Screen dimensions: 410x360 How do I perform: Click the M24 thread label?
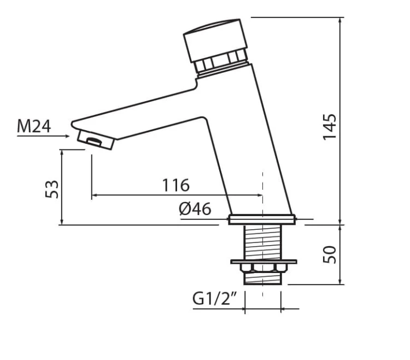[x=34, y=126]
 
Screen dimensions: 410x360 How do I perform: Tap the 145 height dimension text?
[x=329, y=127]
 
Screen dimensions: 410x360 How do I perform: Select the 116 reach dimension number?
[x=175, y=185]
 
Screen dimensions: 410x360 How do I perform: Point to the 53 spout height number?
[x=52, y=189]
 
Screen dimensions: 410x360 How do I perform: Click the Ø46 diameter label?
[x=195, y=209]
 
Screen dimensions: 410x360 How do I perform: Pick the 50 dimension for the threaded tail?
[x=329, y=254]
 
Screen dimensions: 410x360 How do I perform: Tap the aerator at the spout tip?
[x=96, y=140]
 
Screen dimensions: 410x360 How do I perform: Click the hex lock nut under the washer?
[x=263, y=268]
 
